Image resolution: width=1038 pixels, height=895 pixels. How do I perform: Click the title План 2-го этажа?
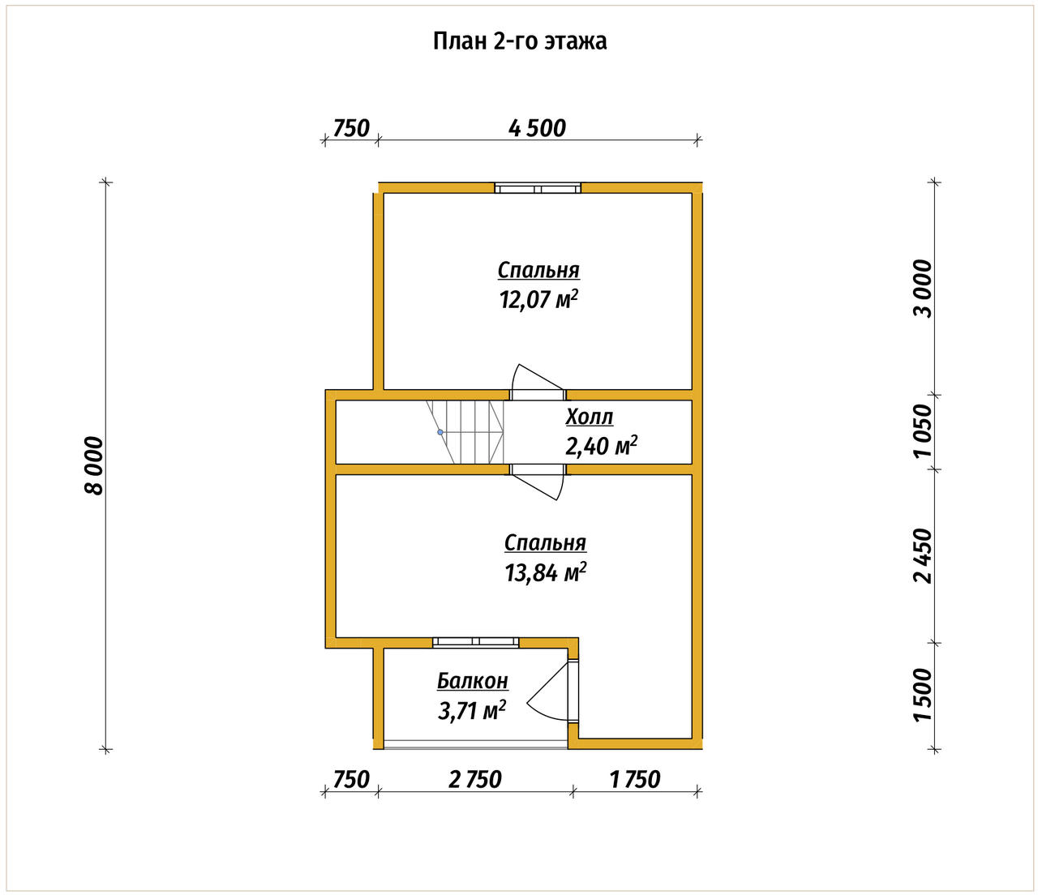(x=519, y=41)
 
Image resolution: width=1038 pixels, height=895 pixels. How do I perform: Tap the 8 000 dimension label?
(x=93, y=466)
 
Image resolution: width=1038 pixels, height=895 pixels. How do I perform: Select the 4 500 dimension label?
(x=537, y=129)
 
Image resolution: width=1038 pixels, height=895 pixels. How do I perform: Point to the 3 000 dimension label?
(x=923, y=289)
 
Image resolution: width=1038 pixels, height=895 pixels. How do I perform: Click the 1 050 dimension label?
(x=923, y=431)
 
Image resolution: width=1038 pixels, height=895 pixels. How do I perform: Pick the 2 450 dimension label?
(x=923, y=555)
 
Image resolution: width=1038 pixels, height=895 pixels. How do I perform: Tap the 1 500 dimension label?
(x=923, y=695)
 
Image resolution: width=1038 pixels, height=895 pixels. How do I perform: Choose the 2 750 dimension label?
(x=475, y=780)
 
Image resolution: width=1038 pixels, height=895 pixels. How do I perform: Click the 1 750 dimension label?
(x=635, y=780)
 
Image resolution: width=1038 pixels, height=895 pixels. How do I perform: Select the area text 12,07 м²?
(x=538, y=300)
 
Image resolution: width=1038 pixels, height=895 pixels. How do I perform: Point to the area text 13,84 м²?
(x=546, y=572)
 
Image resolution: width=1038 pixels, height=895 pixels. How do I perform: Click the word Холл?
(x=590, y=418)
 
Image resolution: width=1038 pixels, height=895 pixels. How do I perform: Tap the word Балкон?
(x=473, y=681)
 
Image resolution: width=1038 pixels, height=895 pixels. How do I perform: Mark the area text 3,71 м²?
(x=471, y=711)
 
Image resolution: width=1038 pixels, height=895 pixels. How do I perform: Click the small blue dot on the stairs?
(x=440, y=431)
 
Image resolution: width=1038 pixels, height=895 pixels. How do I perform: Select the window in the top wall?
(x=538, y=188)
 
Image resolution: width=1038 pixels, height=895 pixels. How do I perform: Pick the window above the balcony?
(x=475, y=641)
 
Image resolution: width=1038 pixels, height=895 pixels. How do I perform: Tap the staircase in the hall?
(x=465, y=431)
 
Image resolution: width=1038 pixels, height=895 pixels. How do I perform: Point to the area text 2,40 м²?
(x=601, y=445)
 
